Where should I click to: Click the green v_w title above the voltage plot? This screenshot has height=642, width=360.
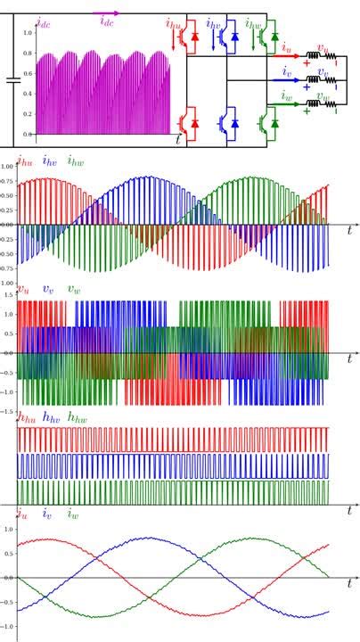point(74,291)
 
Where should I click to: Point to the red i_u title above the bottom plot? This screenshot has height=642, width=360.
point(21,514)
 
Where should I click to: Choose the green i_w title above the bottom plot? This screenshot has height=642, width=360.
point(73,514)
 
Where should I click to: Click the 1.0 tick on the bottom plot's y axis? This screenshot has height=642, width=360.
point(8,529)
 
